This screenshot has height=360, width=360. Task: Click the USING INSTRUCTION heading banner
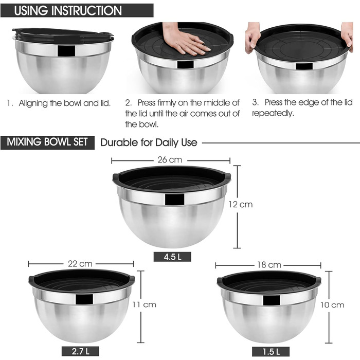pos(77,10)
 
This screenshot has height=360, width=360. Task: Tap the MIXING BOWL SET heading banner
pos(47,142)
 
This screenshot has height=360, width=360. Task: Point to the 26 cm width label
pos(170,160)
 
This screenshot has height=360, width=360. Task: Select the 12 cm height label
pos(240,204)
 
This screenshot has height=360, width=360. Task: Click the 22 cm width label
pos(80,264)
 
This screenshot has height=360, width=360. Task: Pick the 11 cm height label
pos(144,304)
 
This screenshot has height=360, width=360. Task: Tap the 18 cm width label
pos(269,265)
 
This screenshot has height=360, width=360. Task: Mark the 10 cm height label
pos(332,305)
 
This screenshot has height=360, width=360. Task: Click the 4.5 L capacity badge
pos(172,257)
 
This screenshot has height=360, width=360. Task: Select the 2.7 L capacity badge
pos(80,351)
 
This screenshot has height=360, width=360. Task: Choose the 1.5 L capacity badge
pos(271,351)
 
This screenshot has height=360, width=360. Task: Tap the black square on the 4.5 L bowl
pos(174,200)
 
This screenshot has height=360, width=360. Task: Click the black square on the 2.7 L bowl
pos(84,299)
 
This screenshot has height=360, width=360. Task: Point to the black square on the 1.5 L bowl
pos(272,300)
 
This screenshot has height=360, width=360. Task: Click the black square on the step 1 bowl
pos(66,51)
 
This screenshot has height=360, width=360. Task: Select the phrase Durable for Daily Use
pos(149,142)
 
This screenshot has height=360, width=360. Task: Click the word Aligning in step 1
pos(33,103)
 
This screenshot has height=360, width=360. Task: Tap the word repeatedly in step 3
pos(273,114)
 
